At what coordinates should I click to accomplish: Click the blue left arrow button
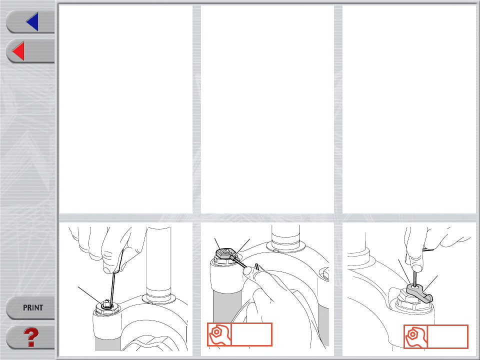32,21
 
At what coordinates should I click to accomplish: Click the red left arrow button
18,51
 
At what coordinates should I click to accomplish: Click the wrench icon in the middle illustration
219,334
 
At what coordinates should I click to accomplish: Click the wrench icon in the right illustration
415,336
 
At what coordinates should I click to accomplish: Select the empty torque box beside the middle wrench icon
251,334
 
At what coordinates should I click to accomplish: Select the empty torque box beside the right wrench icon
447,336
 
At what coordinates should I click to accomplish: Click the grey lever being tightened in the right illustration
419,292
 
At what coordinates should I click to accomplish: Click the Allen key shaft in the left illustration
112,288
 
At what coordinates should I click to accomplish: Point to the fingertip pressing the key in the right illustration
415,264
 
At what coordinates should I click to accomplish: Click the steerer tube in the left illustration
158,263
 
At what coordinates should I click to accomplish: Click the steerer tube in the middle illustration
285,235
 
